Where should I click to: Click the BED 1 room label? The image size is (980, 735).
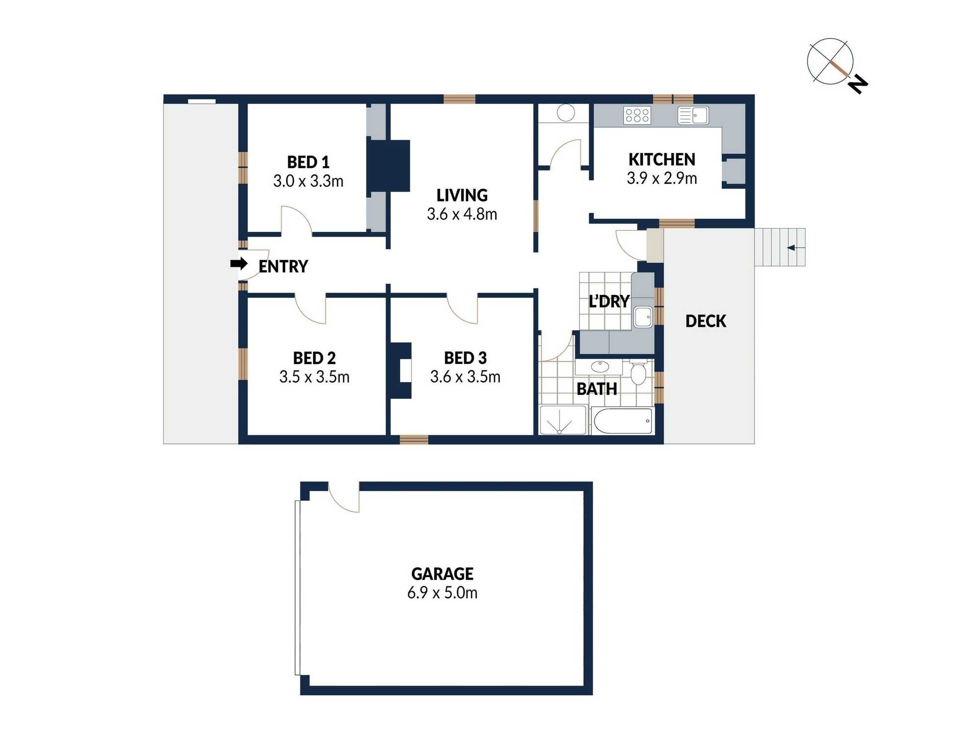308,162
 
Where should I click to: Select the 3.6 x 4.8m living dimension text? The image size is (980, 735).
462,214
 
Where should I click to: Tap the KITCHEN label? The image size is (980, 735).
662,159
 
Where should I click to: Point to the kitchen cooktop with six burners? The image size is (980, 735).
637,116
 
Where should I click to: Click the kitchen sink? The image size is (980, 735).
693,116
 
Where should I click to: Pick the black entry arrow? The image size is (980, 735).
239,264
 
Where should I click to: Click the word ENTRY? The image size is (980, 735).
283,267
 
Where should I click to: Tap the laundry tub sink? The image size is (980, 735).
643,317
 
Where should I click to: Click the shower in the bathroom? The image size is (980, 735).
563,420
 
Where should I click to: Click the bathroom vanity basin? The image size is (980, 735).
600,367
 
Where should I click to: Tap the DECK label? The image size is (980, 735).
706,321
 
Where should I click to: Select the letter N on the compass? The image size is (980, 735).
858,84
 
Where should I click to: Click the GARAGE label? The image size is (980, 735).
442,574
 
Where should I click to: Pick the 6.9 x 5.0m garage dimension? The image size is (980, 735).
442,593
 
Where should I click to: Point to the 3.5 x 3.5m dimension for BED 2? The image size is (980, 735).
315,377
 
